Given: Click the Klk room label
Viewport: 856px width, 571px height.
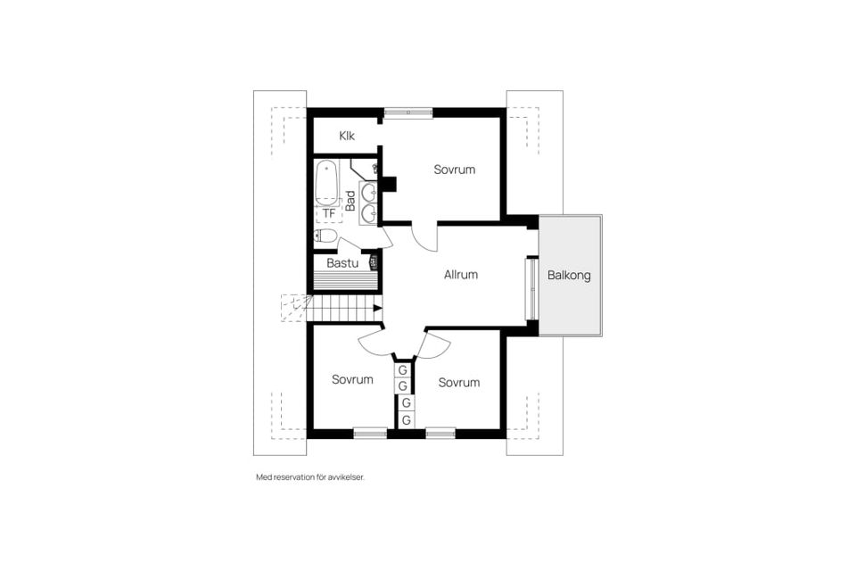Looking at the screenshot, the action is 347,136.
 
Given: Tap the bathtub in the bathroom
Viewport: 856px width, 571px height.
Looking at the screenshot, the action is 326,183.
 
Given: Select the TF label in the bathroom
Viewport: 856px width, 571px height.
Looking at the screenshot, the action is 329,213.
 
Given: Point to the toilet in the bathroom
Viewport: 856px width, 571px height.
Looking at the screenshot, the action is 325,236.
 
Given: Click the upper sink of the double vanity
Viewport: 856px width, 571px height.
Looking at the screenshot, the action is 369,193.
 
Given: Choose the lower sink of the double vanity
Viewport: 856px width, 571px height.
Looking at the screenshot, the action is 369,212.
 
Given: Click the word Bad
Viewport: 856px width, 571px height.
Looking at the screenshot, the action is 350,201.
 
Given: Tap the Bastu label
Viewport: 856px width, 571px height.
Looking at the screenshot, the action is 342,263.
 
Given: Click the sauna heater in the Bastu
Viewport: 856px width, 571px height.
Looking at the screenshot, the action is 374,262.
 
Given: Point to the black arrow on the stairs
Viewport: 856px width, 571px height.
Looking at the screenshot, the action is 377,308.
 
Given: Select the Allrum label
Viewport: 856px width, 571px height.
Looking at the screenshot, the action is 461,275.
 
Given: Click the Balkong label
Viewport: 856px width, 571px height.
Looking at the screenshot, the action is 569,275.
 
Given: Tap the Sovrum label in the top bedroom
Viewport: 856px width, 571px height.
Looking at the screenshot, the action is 454,170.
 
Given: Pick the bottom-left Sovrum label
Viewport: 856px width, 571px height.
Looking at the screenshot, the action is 352,379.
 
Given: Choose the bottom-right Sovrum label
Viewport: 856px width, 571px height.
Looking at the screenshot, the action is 459,383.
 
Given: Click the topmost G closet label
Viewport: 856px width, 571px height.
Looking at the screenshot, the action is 403,370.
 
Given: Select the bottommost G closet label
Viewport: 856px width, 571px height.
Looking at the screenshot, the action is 406,421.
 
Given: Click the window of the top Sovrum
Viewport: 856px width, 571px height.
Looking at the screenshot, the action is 408,112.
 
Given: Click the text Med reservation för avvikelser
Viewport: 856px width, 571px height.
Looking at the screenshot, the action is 310,477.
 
